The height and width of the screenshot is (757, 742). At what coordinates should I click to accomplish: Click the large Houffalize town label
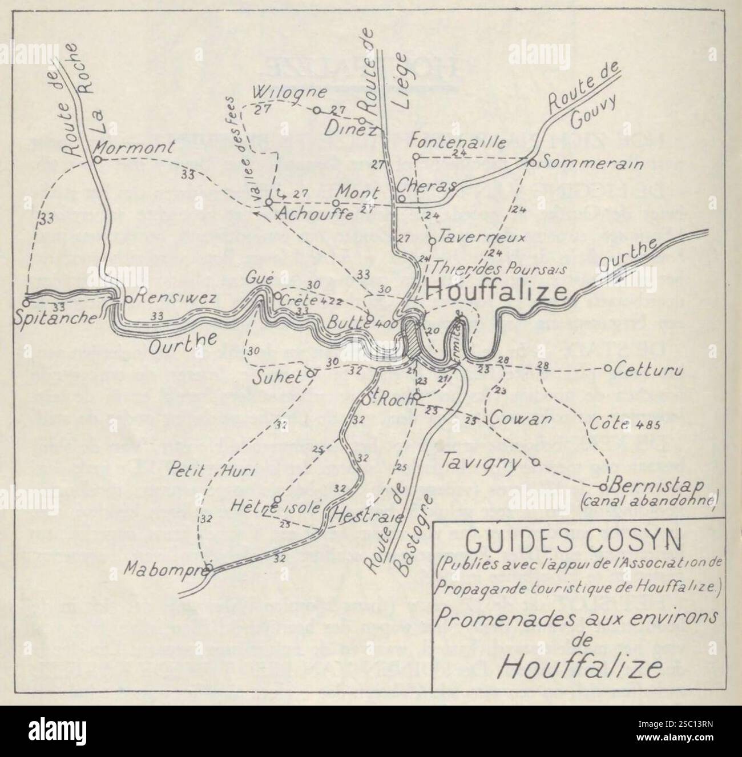click(497, 292)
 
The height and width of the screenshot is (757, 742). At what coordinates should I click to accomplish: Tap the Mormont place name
click(134, 147)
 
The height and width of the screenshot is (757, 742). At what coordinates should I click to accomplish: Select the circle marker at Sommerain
click(531, 162)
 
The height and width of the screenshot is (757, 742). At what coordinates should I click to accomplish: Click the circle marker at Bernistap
click(603, 487)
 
